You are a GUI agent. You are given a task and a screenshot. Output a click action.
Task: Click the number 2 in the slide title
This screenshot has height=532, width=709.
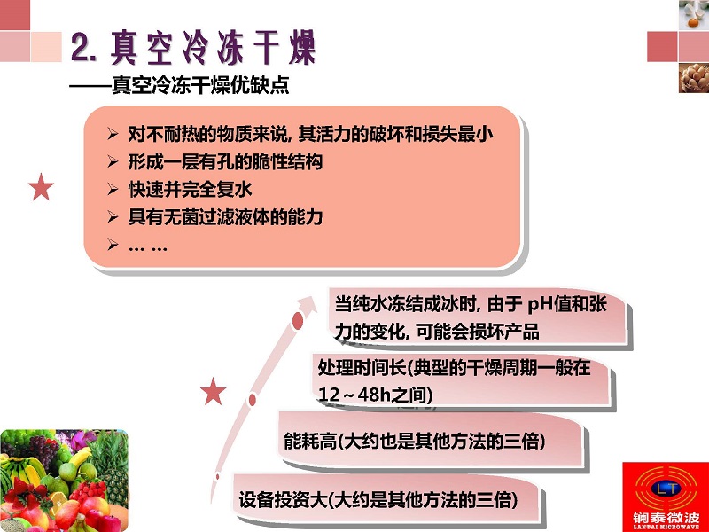pyautogui.click(x=81, y=48)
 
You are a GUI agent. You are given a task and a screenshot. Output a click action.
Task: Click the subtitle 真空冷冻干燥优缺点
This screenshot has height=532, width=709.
pyautogui.click(x=200, y=84)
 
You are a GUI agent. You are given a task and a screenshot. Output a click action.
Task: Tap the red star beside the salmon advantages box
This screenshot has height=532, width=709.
pyautogui.click(x=41, y=187)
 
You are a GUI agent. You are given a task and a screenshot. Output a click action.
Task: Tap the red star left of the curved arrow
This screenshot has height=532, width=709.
pyautogui.click(x=213, y=391)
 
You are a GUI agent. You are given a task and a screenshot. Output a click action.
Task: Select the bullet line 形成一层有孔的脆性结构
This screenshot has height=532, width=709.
pyautogui.click(x=225, y=161)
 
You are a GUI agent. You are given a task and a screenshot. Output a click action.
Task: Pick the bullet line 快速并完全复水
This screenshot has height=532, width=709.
pyautogui.click(x=190, y=189)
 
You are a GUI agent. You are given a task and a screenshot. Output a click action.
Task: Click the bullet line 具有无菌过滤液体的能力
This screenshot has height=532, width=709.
pyautogui.click(x=225, y=217)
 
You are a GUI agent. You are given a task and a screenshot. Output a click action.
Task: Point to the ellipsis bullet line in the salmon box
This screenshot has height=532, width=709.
pyautogui.click(x=147, y=247)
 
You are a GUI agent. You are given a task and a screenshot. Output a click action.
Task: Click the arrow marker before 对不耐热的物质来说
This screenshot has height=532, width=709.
pyautogui.click(x=113, y=134)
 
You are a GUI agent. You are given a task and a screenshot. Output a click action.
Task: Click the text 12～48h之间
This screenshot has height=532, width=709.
pyautogui.click(x=375, y=395)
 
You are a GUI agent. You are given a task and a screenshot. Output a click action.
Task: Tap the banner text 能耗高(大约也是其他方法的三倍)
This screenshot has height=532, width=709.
pyautogui.click(x=414, y=441)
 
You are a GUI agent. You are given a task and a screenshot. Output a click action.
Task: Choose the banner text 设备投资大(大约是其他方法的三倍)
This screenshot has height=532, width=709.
pyautogui.click(x=378, y=500)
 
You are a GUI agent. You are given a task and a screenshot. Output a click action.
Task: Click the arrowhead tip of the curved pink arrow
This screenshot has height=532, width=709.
pyautogui.click(x=317, y=296)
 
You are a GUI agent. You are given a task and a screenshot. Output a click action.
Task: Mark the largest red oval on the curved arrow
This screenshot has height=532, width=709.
pyautogui.click(x=298, y=321)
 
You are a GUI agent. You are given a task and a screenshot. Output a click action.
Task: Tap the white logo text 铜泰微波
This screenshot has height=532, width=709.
pyautogui.click(x=666, y=517)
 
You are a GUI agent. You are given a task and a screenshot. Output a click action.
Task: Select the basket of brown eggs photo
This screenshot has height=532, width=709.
pyautogui.click(x=694, y=78)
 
